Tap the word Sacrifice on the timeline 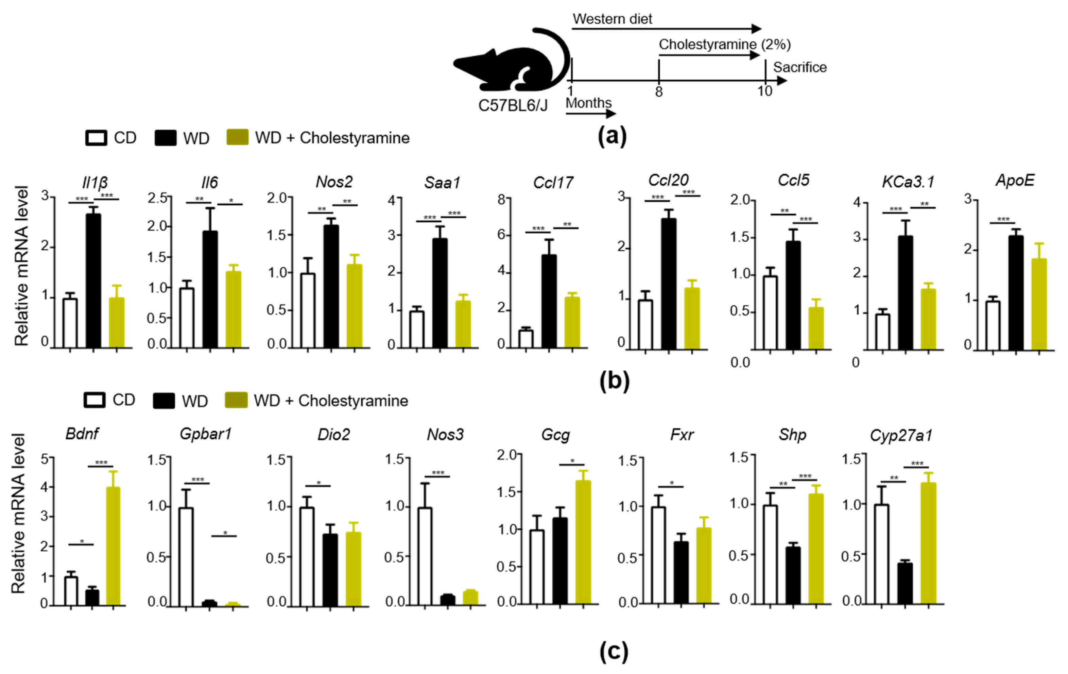800,67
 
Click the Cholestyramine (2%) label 724,44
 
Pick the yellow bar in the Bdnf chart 113,546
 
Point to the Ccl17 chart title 553,182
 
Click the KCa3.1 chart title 908,182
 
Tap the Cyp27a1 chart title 901,435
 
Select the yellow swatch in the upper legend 237,137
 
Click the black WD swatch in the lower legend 163,401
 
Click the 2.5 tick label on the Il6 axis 157,198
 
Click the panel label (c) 614,651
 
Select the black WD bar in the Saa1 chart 440,293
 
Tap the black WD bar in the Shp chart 793,575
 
